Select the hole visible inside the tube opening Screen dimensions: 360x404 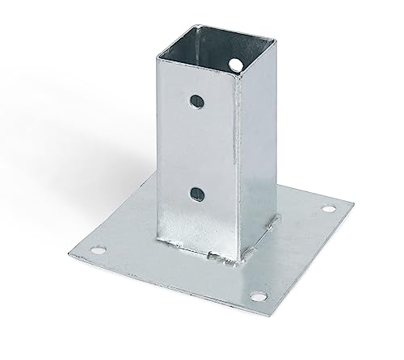click(x=235, y=61)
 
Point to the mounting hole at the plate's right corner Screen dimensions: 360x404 click(x=327, y=209)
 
